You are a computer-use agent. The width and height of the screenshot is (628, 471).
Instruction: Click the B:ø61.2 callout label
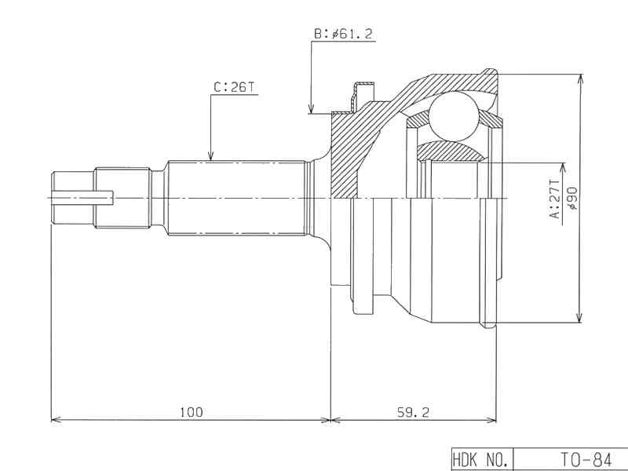(x=343, y=34)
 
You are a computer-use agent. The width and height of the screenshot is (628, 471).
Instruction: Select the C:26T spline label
(x=234, y=87)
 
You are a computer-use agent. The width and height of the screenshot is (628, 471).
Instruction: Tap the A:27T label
(x=555, y=199)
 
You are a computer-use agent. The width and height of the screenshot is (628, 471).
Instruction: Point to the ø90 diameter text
(x=572, y=199)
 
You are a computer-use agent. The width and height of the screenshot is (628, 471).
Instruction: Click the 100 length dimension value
(x=192, y=411)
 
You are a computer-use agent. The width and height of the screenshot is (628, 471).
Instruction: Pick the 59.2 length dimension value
(x=413, y=411)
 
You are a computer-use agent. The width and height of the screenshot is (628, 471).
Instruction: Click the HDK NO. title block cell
(x=482, y=459)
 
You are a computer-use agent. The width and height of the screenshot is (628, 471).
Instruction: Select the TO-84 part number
(x=586, y=459)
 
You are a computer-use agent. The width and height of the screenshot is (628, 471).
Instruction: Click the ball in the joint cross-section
(x=455, y=116)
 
